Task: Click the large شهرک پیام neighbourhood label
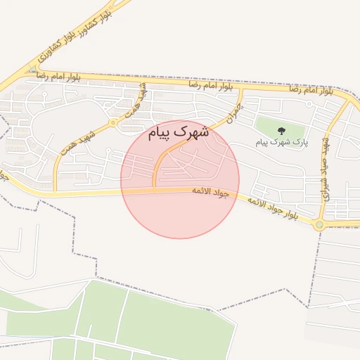179,131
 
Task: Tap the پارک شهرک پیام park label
281,143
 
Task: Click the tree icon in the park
282,130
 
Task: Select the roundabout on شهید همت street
112,123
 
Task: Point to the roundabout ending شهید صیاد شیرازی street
320,225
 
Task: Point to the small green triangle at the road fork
32,70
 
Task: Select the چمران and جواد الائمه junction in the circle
155,188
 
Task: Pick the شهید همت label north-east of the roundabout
138,103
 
